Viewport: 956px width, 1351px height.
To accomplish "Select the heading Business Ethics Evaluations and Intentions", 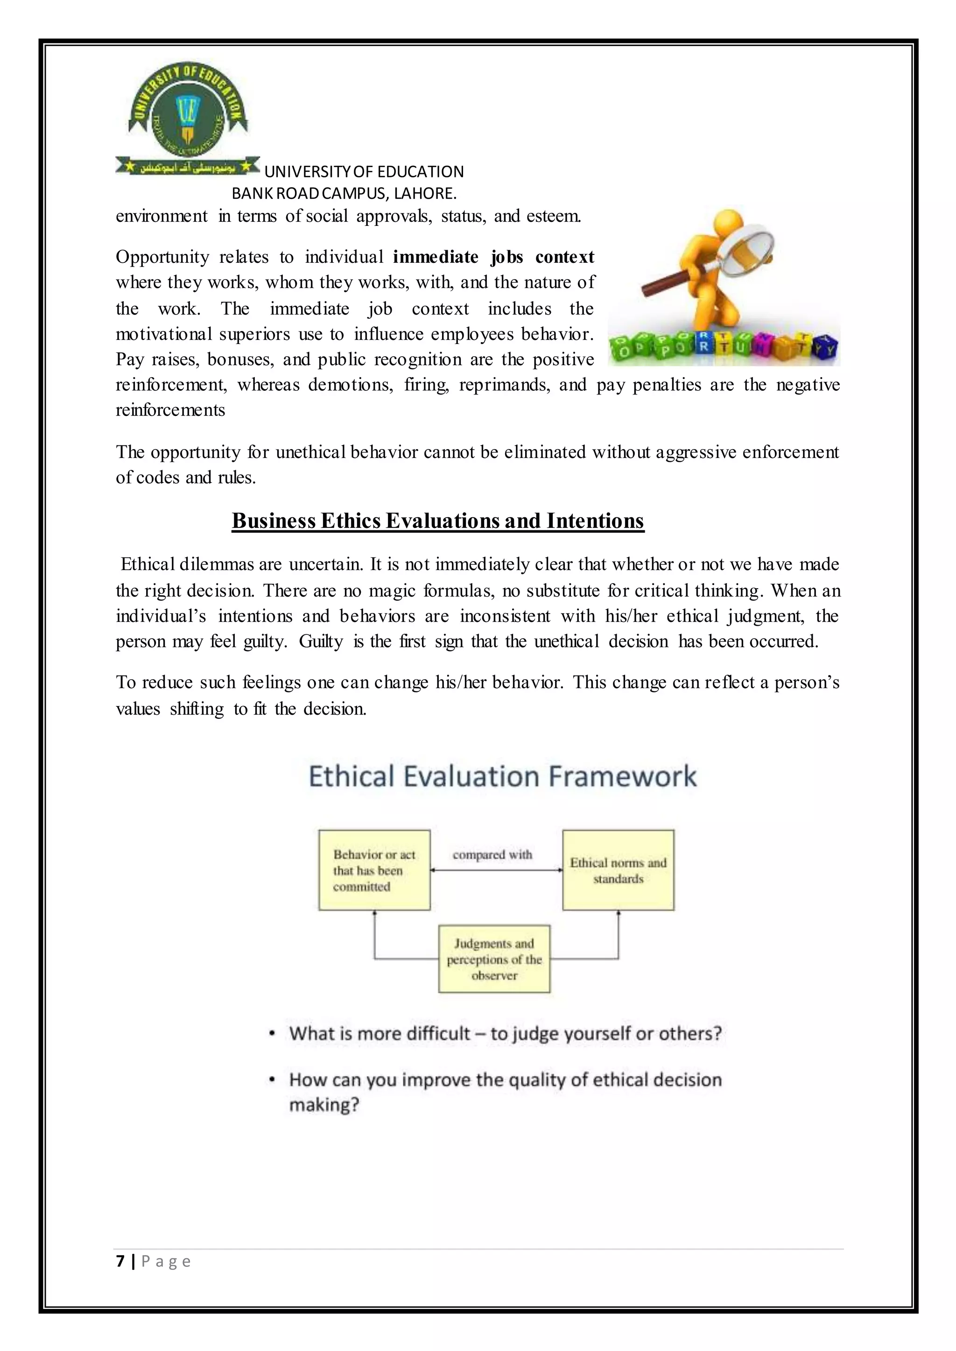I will click(x=437, y=521).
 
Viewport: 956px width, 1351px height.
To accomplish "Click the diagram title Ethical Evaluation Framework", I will click(x=502, y=776).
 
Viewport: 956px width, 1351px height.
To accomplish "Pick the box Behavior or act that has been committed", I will click(x=374, y=870).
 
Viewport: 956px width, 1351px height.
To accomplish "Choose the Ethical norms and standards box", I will click(x=618, y=870).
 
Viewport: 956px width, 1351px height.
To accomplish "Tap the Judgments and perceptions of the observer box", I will click(x=494, y=959).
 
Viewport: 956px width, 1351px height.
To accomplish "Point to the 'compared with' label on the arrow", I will click(x=492, y=854).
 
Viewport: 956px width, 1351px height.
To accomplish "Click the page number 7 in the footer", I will click(x=121, y=1261).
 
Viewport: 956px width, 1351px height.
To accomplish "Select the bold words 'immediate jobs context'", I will click(x=493, y=257).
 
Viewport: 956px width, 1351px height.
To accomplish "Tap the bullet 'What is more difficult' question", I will click(x=505, y=1033).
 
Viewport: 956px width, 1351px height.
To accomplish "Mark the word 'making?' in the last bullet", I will click(x=324, y=1105).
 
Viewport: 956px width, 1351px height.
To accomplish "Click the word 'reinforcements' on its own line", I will click(x=170, y=410).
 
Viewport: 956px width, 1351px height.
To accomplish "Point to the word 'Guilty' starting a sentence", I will click(x=320, y=641).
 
